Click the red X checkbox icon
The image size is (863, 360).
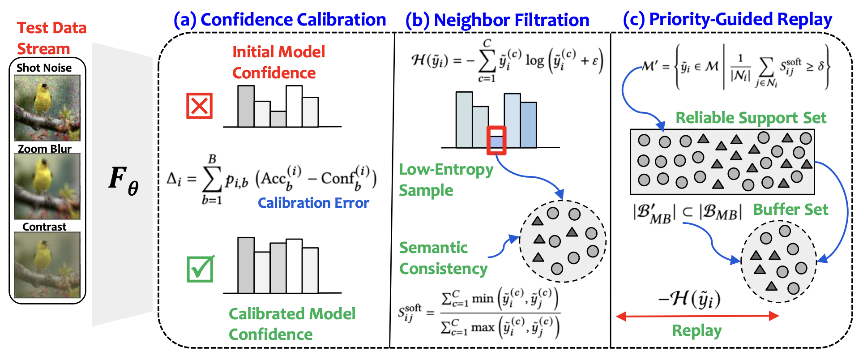coord(199,106)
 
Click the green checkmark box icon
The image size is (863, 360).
coord(200,269)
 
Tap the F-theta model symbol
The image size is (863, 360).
coord(124,180)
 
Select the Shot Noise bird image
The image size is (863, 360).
coord(47,108)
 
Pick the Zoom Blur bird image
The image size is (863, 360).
coord(47,186)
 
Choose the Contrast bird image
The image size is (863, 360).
coord(47,265)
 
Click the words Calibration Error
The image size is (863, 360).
coord(313,203)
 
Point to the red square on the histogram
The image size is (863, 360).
coord(496,140)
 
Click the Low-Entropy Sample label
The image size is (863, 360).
coord(446,180)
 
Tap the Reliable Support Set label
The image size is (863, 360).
coord(751,118)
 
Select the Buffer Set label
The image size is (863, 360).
coord(790,210)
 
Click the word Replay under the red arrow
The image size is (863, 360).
coord(697,330)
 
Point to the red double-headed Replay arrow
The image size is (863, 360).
coord(697,316)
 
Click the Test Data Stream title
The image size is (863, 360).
coord(51,38)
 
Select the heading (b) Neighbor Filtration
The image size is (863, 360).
coord(497,20)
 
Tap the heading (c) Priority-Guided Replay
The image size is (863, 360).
coord(727,19)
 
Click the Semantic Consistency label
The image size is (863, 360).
coord(443,258)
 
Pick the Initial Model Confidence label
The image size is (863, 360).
coord(278,62)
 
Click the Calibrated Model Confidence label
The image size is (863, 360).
coord(292,324)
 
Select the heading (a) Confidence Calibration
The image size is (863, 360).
coord(280,20)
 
